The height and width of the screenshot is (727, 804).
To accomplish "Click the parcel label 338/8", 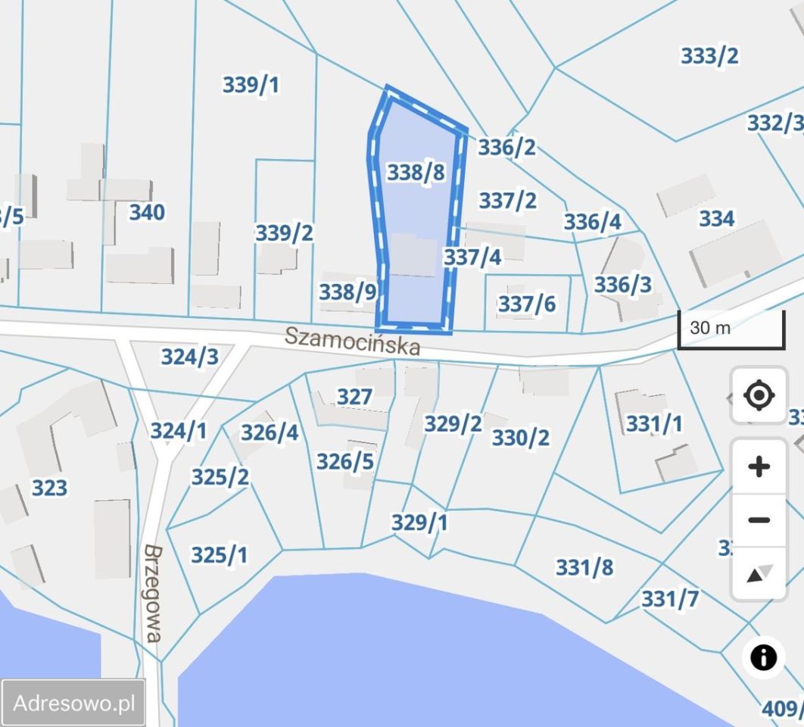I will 416,173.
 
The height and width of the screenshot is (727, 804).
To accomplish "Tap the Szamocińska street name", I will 352,342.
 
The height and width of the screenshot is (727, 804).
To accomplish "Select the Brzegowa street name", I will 153,594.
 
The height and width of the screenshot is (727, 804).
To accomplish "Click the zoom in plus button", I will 759,466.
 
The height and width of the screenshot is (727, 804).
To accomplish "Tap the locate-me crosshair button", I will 759,395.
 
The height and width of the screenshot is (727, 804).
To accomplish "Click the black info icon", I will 763,657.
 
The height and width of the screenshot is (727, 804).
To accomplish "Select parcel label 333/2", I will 709,56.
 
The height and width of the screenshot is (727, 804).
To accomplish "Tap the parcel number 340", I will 147,213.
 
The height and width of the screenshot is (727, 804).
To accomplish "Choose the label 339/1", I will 251,85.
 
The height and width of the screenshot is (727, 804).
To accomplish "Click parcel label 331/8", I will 584,567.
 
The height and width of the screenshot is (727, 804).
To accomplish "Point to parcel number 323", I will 49,488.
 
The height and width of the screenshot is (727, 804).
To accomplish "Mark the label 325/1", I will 219,556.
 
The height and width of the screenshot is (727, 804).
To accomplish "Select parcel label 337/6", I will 526,304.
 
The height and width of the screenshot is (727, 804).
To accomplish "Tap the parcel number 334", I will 716,219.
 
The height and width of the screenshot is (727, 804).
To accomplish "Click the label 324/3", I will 189,357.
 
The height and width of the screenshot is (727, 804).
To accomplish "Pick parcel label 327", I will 354,397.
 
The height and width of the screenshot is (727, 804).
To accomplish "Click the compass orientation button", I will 759,574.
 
